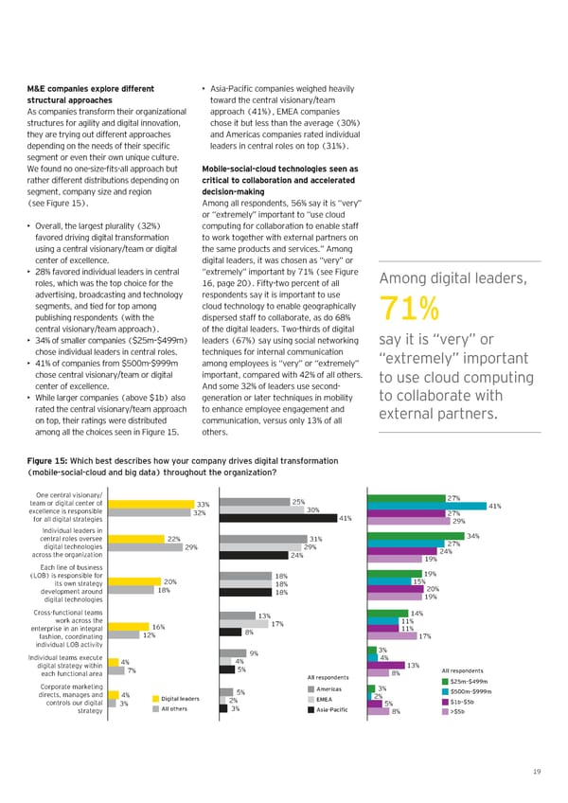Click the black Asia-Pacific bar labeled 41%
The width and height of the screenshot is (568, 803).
coord(277,518)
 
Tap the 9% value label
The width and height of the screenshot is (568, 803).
coord(254,652)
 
